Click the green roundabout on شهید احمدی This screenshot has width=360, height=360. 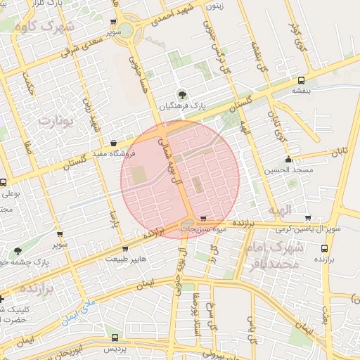(126, 30)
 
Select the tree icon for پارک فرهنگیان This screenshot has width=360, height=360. (183, 94)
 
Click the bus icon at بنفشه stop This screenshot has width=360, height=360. (302, 79)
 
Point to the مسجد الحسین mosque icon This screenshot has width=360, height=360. (288, 160)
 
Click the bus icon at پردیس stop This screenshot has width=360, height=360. (115, 337)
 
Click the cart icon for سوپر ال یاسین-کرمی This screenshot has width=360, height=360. (308, 218)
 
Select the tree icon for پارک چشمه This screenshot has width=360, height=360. (18, 250)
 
